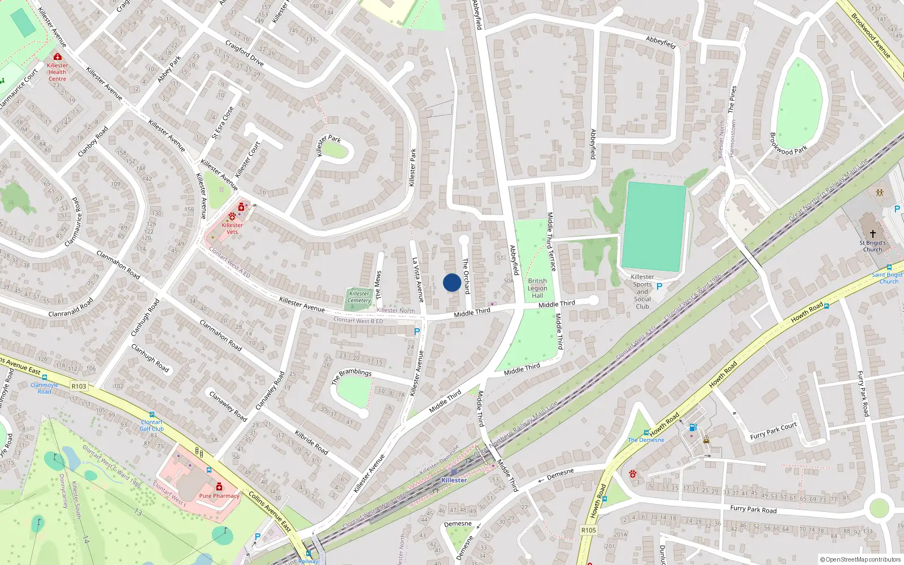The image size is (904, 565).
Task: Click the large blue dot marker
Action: coord(451,282)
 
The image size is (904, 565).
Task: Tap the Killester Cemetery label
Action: coord(359,297)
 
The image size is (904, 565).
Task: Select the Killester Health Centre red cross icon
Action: coord(57,56)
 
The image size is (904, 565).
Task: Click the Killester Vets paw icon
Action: coord(232,216)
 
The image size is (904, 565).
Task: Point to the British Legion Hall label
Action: coord(537,288)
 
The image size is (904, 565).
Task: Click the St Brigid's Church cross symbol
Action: coord(872,233)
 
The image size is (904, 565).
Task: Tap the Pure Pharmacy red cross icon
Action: coord(219,487)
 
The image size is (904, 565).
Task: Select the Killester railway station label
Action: coord(454,480)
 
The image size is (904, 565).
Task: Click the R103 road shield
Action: coord(79,386)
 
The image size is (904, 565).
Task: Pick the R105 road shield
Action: coord(588,530)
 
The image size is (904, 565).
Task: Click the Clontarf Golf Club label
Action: coord(151,425)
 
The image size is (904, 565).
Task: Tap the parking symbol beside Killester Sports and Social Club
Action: coord(659,286)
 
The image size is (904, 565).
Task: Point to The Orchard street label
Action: coord(466,276)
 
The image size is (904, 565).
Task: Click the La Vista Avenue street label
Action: coord(418,280)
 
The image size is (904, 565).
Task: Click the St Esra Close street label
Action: coord(223,123)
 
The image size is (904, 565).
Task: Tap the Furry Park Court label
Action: coord(773,431)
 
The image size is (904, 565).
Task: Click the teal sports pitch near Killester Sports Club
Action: coord(654,226)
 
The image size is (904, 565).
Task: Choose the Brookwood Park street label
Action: coord(788,144)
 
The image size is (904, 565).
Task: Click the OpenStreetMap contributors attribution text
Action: coord(860,560)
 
